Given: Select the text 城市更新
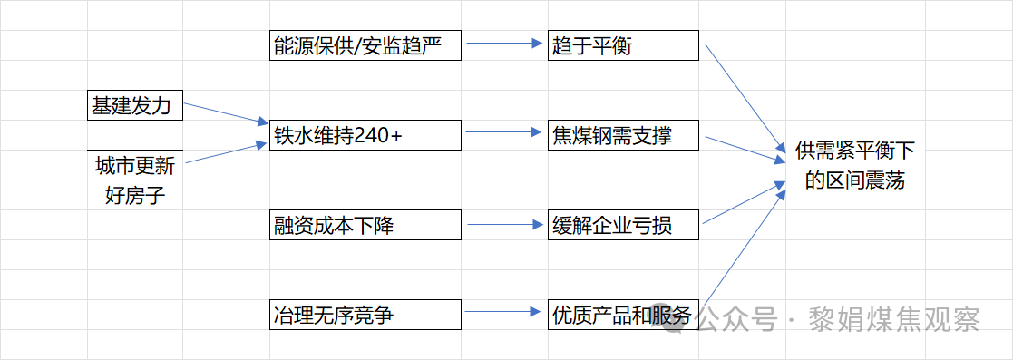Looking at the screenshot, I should (135, 166).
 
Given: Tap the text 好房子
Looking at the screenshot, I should (135, 194).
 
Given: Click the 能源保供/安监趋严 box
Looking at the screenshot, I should (365, 45).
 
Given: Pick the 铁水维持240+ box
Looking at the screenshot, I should (365, 135).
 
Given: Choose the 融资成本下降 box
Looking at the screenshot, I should (365, 225).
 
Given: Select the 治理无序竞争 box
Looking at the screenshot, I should (365, 315).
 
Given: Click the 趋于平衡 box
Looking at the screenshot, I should (623, 45).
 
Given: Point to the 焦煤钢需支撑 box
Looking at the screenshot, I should (623, 135).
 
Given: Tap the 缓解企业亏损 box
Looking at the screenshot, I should (623, 225).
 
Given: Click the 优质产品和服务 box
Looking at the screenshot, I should (623, 315).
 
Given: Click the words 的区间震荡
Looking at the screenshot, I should (855, 180).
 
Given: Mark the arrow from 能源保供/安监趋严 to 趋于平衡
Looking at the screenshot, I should (503, 43).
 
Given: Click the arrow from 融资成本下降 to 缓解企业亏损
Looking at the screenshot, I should (503, 222).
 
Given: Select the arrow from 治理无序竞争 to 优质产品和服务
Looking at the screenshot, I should (503, 312).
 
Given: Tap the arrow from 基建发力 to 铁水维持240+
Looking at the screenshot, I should (226, 112).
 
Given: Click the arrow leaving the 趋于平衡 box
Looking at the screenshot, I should (744, 95).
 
